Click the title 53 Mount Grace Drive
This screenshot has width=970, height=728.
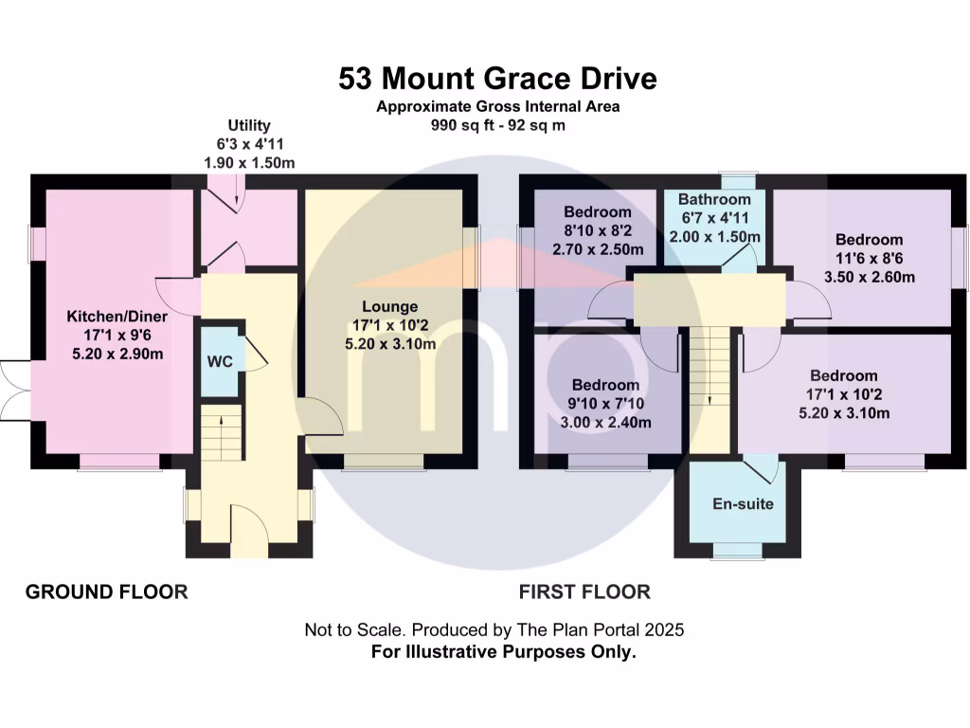coord(497,79)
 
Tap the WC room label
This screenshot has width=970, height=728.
coord(220,361)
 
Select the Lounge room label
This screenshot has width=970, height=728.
coord(389,306)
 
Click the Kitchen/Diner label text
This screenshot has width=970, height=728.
coord(117,317)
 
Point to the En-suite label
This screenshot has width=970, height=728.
coord(743,504)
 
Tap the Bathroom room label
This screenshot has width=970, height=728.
coord(714,199)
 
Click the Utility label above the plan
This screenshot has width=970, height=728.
coord(249,126)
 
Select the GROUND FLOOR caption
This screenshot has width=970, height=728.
coord(106,591)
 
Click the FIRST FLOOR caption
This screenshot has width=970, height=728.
coord(584,591)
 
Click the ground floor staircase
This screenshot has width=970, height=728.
coord(221,432)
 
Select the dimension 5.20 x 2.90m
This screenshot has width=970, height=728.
coord(117,355)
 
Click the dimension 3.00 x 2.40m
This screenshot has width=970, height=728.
coord(605,423)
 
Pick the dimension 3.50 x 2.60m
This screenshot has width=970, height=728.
coord(870,277)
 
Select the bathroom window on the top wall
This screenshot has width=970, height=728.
coord(738,180)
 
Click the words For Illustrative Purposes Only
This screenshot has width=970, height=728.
coord(504,652)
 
